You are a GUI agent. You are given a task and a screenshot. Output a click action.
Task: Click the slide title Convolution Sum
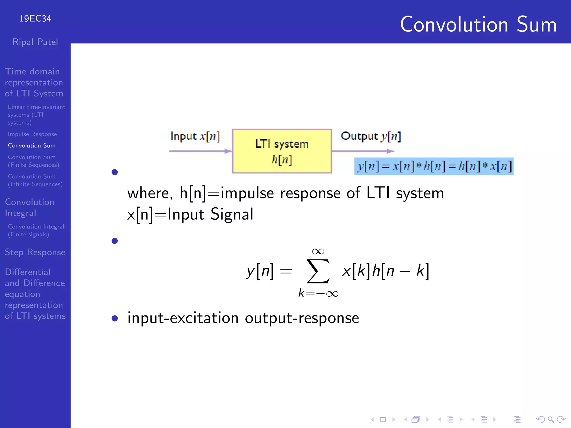[x=478, y=25]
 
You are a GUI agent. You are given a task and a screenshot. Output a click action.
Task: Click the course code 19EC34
[x=35, y=19]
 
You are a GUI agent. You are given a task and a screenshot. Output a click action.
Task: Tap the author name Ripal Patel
[x=35, y=42]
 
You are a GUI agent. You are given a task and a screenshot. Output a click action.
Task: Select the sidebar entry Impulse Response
[x=32, y=134]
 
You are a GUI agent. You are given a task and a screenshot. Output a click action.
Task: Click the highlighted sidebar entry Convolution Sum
[x=32, y=146]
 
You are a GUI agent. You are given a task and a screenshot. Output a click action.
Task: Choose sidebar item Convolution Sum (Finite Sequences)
[x=33, y=161]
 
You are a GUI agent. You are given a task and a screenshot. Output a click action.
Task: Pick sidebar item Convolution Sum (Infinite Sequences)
[x=35, y=180]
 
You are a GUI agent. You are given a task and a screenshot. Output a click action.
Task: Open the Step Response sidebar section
[x=35, y=252]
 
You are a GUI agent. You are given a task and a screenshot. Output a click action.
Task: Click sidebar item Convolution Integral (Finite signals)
[x=36, y=230]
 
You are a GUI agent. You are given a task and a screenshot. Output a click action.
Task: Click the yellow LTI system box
[x=282, y=151]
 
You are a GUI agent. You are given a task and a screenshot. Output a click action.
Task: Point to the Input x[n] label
[x=195, y=137]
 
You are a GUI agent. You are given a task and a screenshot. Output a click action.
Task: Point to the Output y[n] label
[x=371, y=137]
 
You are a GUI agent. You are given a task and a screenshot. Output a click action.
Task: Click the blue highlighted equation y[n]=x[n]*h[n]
[x=434, y=166]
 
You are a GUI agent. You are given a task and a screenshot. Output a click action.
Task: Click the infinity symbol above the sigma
[x=318, y=252]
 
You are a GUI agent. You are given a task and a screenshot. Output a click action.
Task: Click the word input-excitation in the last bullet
[x=183, y=318]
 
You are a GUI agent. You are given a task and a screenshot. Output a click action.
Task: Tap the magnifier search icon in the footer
[x=551, y=419]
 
